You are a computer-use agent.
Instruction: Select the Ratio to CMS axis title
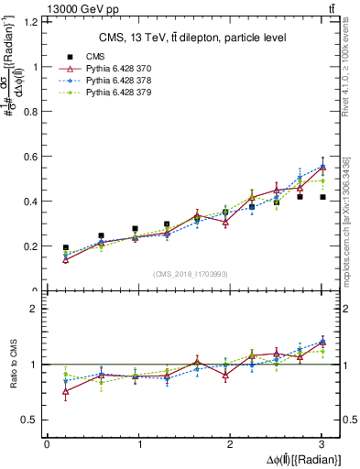pyautogui.click(x=10, y=365)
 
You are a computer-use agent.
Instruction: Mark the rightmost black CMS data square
pyautogui.click(x=322, y=197)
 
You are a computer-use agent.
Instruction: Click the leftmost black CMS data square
pyautogui.click(x=65, y=247)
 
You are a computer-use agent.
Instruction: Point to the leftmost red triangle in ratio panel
pyautogui.click(x=65, y=391)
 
